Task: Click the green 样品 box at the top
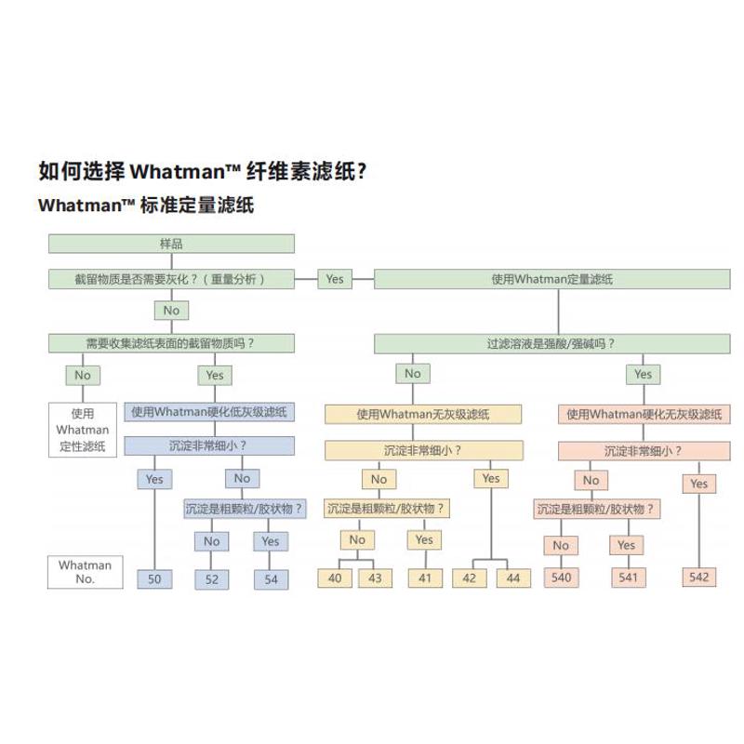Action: (x=171, y=244)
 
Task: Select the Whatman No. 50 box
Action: (x=154, y=578)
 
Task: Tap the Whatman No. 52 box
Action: (x=211, y=578)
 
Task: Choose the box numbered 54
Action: (x=271, y=578)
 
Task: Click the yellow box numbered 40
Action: (x=335, y=578)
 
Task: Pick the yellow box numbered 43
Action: (x=375, y=578)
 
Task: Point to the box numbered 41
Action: (x=424, y=578)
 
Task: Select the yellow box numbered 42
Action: (x=469, y=578)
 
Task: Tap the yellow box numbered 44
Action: (x=512, y=578)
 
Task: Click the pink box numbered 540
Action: (x=561, y=577)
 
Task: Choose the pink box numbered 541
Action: (x=627, y=577)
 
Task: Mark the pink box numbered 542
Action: (x=698, y=577)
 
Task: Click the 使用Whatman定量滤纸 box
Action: (x=551, y=278)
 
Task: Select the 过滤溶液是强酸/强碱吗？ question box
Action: (x=551, y=343)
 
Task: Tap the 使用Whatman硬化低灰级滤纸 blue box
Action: (x=209, y=412)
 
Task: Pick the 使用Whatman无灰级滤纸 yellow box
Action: (x=420, y=414)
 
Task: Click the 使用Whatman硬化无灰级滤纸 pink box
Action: (x=644, y=414)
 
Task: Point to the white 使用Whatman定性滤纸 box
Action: (x=83, y=430)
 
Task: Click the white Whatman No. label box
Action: (x=85, y=572)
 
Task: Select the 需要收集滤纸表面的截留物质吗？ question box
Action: (x=171, y=343)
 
